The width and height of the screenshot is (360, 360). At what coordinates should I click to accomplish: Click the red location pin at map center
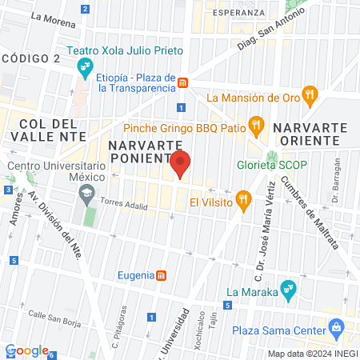point(180,164)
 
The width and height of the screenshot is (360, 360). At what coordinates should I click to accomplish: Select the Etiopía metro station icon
point(183,82)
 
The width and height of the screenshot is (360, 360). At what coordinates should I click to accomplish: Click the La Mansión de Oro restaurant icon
point(311,98)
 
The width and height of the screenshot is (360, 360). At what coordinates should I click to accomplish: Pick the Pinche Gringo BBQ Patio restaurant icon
point(256,125)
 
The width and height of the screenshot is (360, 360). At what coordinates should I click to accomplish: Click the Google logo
point(26,350)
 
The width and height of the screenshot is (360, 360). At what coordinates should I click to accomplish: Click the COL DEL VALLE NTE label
point(48,130)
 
